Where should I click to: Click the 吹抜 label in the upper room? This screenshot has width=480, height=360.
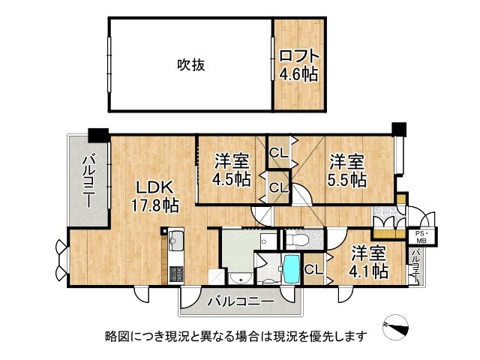pyautogui.click(x=190, y=65)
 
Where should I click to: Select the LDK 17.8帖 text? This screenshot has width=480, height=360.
pyautogui.click(x=156, y=196)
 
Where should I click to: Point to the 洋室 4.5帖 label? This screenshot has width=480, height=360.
pyautogui.click(x=231, y=169)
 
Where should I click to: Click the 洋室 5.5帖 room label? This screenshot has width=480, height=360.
pyautogui.click(x=346, y=169)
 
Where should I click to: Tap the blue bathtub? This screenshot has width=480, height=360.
pyautogui.click(x=290, y=268)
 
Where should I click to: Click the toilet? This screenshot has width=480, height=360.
pyautogui.click(x=298, y=241)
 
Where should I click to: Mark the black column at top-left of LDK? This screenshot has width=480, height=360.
pyautogui.click(x=98, y=136)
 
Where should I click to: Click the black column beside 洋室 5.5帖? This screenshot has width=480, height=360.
pyautogui.click(x=398, y=128)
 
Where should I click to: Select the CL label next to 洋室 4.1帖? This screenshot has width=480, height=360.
pyautogui.click(x=314, y=268)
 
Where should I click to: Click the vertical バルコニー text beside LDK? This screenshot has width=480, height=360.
pyautogui.click(x=88, y=181)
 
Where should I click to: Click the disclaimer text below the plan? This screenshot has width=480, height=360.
pyautogui.click(x=237, y=336)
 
